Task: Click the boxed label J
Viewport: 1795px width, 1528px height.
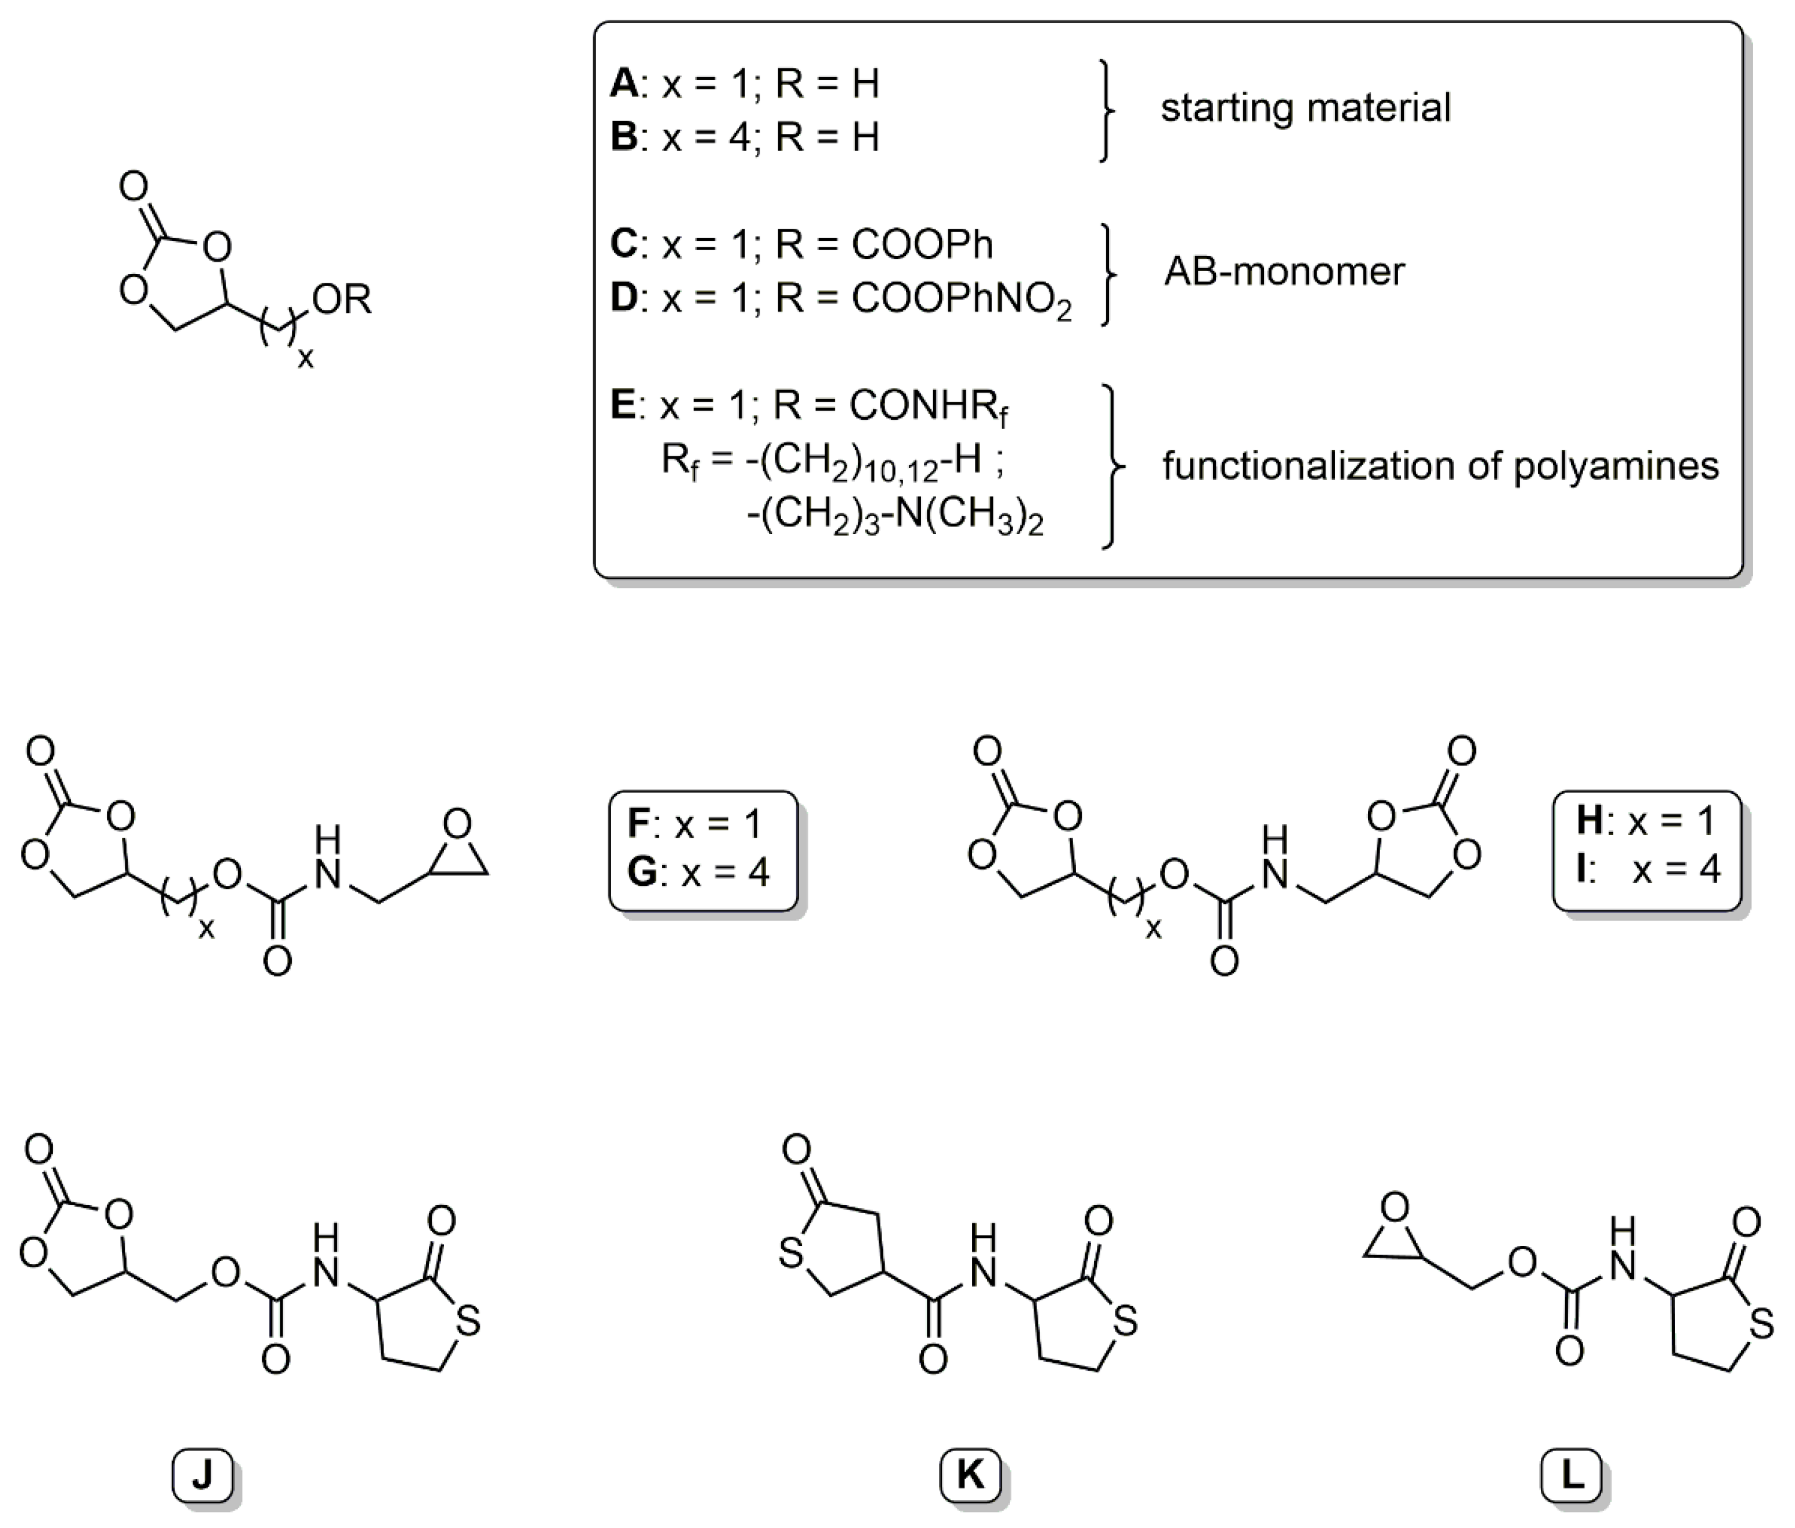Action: (x=202, y=1474)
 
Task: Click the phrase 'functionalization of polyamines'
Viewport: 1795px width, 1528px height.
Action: (x=1440, y=466)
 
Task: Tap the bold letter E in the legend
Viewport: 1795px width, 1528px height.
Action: (x=623, y=405)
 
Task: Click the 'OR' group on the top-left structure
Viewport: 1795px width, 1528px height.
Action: (x=342, y=300)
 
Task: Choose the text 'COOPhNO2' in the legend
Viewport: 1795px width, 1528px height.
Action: (x=961, y=300)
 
